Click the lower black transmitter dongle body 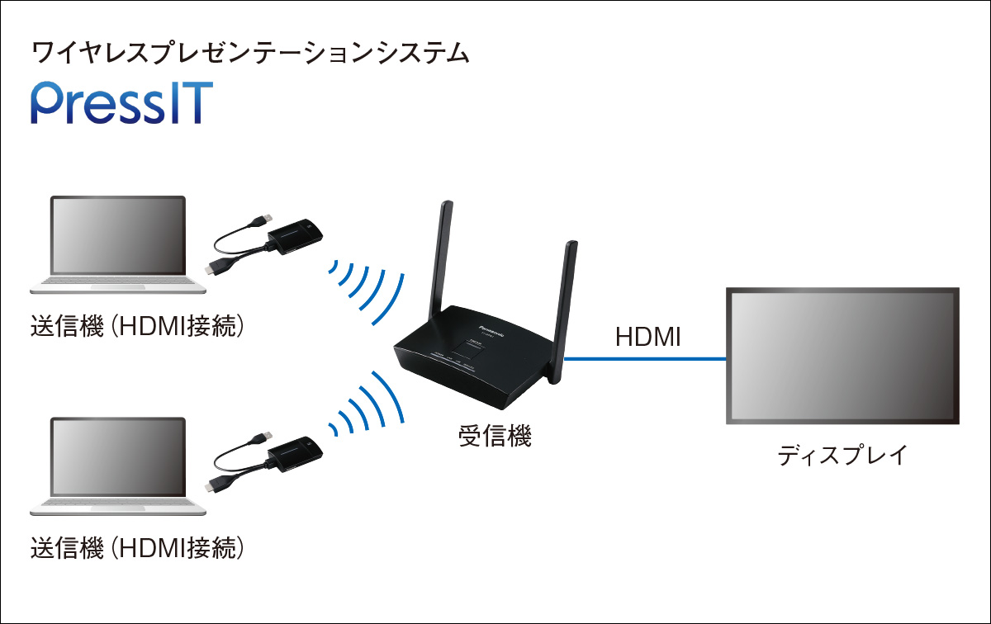[x=294, y=451]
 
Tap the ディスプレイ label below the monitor [x=842, y=455]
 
